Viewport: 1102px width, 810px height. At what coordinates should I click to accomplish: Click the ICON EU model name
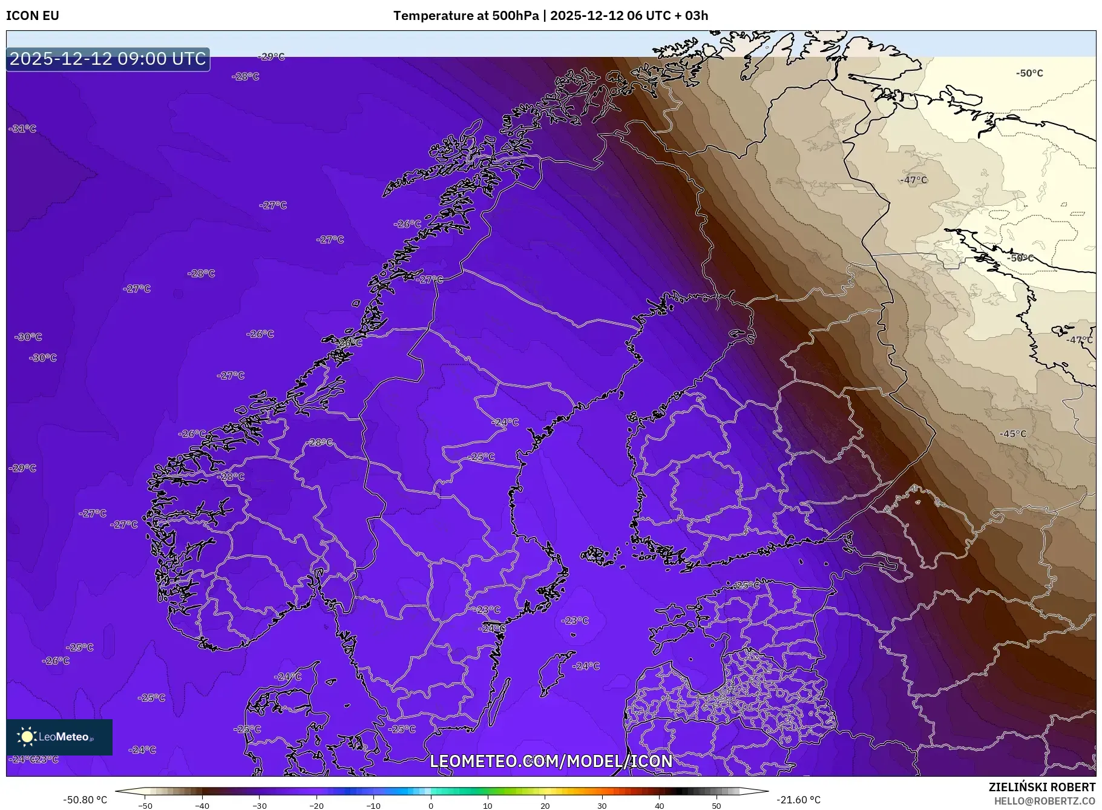coord(33,16)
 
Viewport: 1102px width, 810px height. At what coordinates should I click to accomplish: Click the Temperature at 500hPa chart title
coord(550,16)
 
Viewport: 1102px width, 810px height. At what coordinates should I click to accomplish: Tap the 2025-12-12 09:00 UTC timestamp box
coord(108,59)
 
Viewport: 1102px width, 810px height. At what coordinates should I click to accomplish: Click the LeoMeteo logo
coord(59,737)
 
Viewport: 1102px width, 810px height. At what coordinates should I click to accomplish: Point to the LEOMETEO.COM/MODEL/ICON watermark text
coord(551,761)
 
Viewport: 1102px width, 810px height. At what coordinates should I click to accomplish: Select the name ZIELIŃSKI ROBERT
coord(1041,787)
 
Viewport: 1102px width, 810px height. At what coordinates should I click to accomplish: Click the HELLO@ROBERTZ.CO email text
coord(1045,801)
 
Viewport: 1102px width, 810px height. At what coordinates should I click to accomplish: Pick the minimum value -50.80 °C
coord(85,800)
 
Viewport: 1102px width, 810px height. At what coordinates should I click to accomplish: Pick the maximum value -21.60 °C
coord(799,800)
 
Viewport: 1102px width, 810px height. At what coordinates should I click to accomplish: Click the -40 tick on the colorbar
coord(202,805)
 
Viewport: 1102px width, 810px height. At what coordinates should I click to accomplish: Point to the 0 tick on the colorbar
coord(431,805)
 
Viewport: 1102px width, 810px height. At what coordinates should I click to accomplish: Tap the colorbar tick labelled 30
coord(602,805)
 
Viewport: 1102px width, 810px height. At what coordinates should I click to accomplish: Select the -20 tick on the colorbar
coord(316,805)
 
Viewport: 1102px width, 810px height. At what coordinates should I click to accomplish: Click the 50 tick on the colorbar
coord(717,805)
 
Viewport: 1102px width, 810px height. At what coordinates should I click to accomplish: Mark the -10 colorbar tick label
coord(373,805)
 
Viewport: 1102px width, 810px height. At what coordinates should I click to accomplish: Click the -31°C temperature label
coord(23,129)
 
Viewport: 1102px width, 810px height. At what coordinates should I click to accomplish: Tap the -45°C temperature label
coord(1013,434)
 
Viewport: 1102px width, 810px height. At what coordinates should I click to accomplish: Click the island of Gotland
coord(552,672)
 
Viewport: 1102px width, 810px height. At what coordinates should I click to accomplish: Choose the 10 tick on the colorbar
coord(488,805)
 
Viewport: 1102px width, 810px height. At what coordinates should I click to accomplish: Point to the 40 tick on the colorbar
coord(660,805)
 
